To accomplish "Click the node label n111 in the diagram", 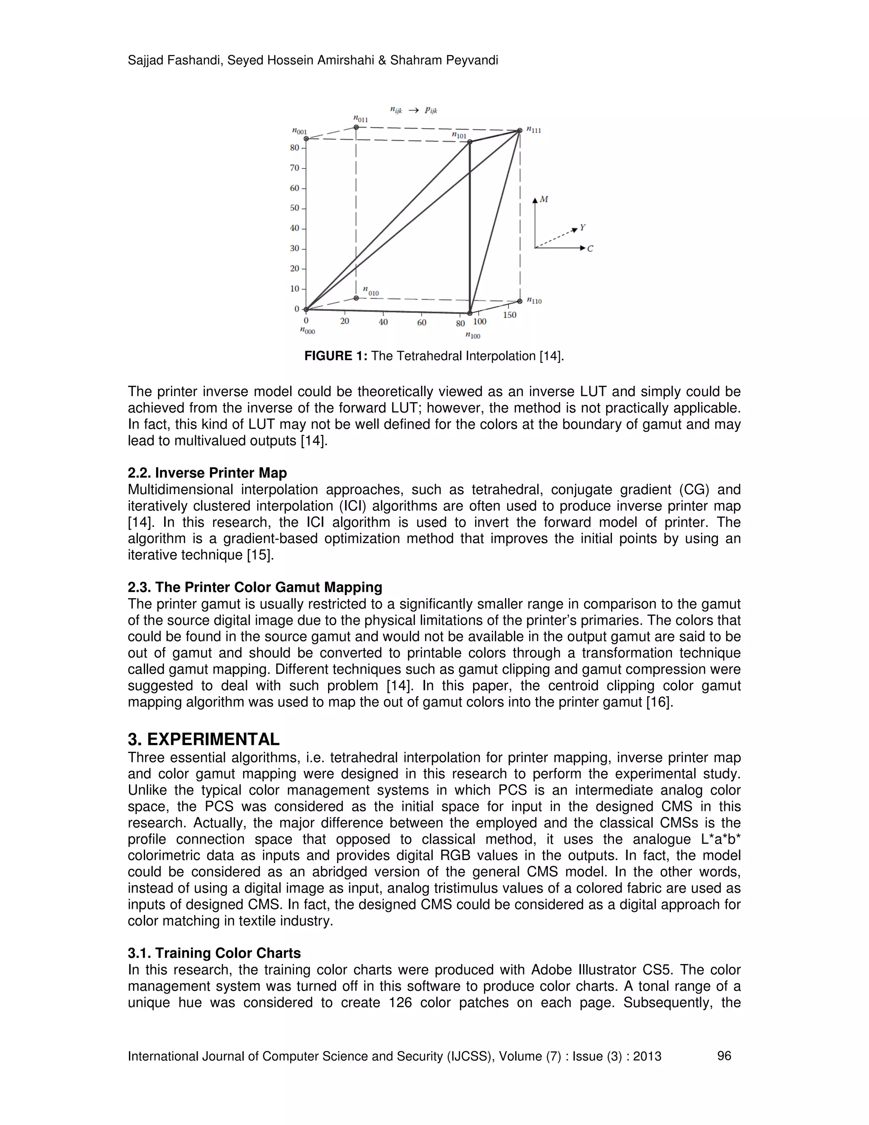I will (x=534, y=130).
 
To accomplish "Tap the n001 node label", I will (x=299, y=131).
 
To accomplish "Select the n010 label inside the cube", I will (x=371, y=292).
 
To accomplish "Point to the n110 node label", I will (x=534, y=301).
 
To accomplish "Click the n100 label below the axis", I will (x=472, y=336).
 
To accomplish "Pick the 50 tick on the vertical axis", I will (x=294, y=208).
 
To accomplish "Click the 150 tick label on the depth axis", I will (x=509, y=315).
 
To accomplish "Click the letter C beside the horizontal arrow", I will (x=590, y=249).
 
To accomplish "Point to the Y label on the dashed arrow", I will (x=582, y=227).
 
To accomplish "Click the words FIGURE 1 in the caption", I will (x=335, y=356).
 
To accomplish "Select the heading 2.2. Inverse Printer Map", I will (x=207, y=473).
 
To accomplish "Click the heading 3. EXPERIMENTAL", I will (x=203, y=739).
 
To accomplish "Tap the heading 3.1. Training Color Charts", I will (x=214, y=953).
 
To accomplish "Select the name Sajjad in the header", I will (x=145, y=61).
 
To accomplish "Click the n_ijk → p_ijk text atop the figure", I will (x=413, y=110).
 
